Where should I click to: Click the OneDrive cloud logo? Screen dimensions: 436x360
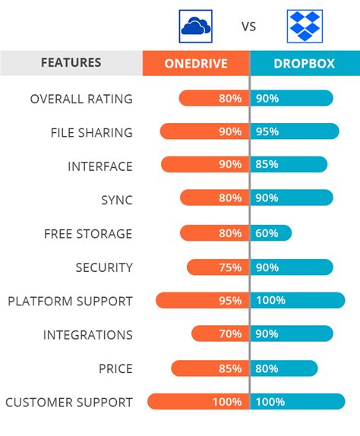coord(195,26)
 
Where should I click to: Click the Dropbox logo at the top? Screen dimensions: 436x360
coord(305,26)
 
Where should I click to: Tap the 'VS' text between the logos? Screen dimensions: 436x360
coord(249,27)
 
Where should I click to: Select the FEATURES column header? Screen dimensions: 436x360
coord(71,63)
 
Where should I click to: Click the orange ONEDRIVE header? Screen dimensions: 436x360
coord(196,63)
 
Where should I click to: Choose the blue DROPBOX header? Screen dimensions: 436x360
coord(305,63)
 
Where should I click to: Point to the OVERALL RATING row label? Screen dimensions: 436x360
coord(81,99)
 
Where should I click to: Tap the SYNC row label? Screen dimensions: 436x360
coord(116,200)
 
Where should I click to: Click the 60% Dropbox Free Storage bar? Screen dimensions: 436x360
coord(270,233)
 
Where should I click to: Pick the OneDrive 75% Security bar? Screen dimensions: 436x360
coord(217,267)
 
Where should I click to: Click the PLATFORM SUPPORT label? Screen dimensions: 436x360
coord(70,301)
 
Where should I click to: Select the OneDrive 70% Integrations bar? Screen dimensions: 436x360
coord(219,334)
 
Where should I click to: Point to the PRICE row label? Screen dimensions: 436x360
coord(115,368)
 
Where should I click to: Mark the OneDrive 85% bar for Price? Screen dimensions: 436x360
coord(210,368)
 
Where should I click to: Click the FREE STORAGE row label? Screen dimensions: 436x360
coord(88,233)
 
